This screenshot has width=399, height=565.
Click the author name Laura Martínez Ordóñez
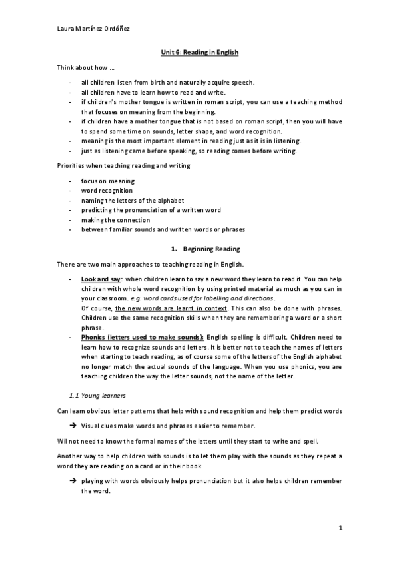click(x=87, y=30)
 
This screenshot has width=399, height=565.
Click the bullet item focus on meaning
click(x=108, y=181)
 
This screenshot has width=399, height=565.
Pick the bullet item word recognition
click(x=107, y=191)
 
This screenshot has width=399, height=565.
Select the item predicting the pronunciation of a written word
click(x=151, y=210)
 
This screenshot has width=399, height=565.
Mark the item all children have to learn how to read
click(x=153, y=92)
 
